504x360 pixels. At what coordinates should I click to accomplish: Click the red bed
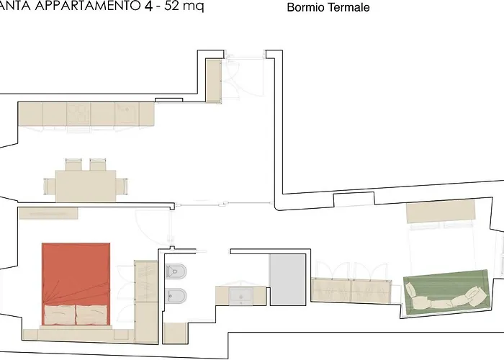pyautogui.click(x=76, y=274)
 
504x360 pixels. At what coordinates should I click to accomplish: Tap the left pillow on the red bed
pyautogui.click(x=59, y=314)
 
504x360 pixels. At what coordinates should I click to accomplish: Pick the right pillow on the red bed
pyautogui.click(x=92, y=314)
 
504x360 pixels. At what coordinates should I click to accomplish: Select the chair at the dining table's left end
pyautogui.click(x=49, y=186)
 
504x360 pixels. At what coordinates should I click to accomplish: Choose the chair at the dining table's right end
pyautogui.click(x=124, y=186)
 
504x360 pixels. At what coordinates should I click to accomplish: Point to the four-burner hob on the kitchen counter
pyautogui.click(x=79, y=113)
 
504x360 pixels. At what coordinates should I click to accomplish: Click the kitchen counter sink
pyautogui.click(x=127, y=113)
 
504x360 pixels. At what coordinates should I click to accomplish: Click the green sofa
pyautogui.click(x=444, y=292)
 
